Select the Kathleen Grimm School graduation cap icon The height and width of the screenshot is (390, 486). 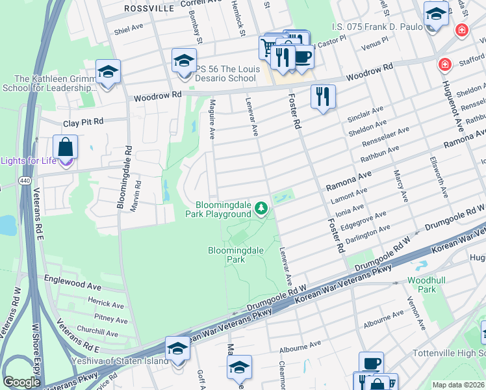pos(108,71)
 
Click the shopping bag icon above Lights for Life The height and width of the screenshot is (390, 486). pos(66,147)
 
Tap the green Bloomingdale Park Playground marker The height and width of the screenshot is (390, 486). pos(261,208)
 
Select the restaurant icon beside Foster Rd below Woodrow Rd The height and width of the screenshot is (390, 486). pos(323,97)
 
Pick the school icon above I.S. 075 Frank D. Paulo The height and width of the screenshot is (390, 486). pos(435,14)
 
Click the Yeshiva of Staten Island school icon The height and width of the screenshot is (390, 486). pos(178,348)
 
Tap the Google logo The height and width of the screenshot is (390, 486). pos(21,382)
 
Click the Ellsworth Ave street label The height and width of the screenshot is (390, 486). pos(439,176)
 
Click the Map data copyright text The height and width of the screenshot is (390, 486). pos(458,385)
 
